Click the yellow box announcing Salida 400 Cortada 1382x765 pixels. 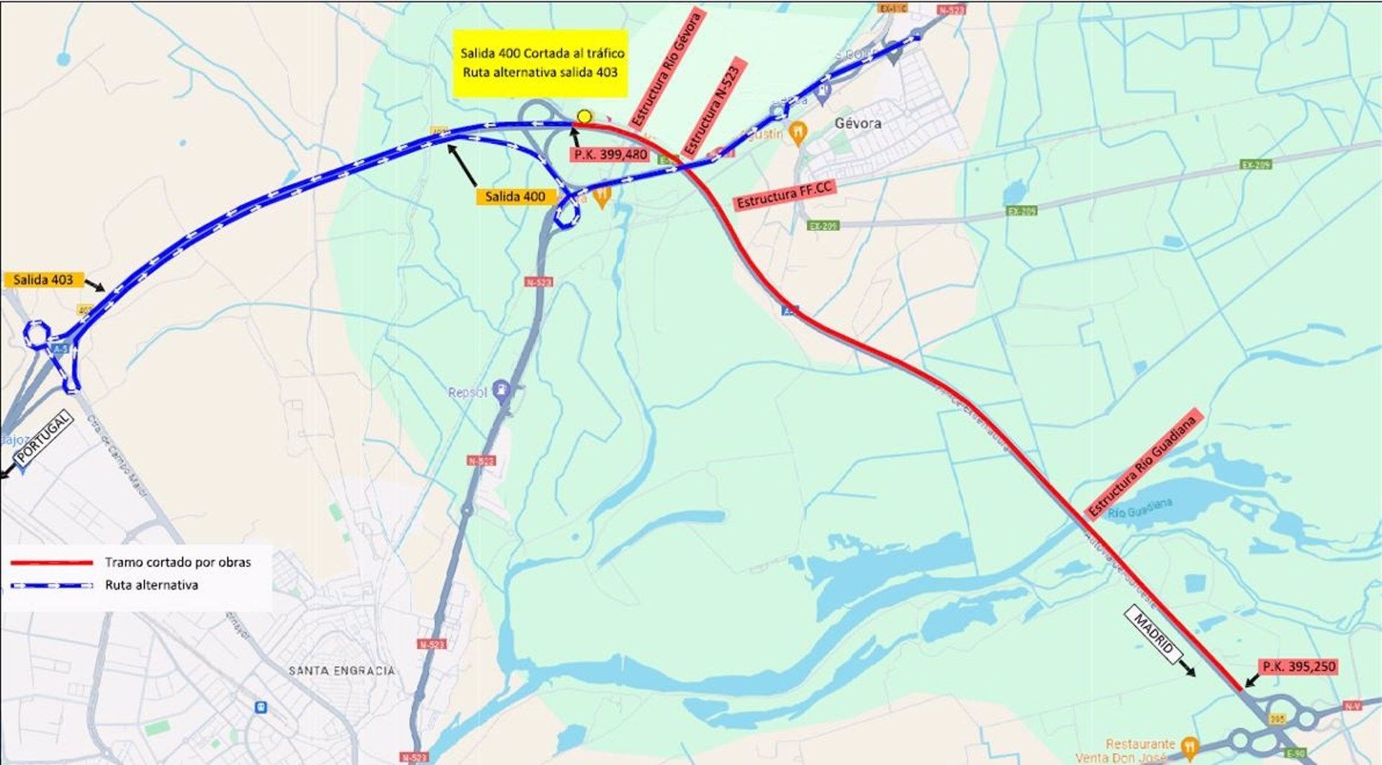541,63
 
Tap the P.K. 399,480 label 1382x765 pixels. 610,155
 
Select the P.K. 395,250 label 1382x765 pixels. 1299,666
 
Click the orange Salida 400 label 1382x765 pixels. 515,196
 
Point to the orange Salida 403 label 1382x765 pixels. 43,280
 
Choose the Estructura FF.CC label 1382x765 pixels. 785,196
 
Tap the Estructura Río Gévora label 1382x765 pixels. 666,69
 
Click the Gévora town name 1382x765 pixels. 858,123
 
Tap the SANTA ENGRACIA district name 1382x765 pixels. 342,671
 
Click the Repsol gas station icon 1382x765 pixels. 502,390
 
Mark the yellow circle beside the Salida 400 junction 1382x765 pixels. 584,117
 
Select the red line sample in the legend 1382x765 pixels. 52,562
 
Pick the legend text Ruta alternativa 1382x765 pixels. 151,585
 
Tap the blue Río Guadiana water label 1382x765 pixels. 1141,509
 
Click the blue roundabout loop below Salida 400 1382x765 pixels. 566,214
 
